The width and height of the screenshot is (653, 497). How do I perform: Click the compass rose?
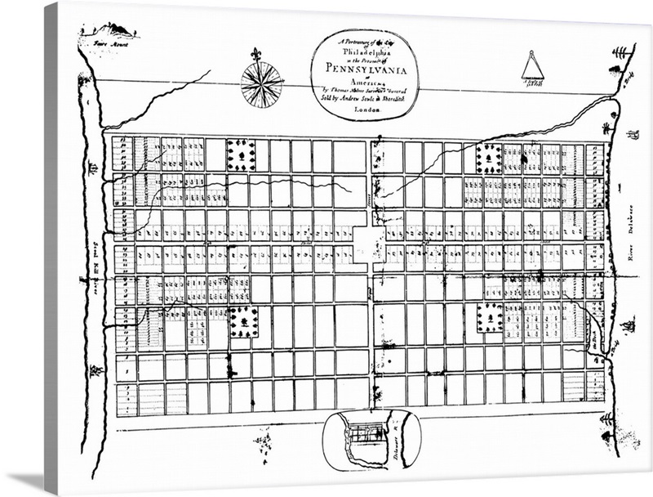pos(262,84)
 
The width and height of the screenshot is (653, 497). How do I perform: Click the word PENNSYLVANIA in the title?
pos(364,71)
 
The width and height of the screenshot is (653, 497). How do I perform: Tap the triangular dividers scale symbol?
pos(533,65)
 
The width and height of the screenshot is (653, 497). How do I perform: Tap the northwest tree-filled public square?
pos(241,154)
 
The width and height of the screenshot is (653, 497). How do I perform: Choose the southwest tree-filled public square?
pos(243,322)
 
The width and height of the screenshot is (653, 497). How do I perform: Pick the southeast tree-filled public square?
pos(491,316)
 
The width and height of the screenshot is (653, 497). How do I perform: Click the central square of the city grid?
pos(369,244)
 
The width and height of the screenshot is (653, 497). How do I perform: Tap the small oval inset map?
pos(371,441)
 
